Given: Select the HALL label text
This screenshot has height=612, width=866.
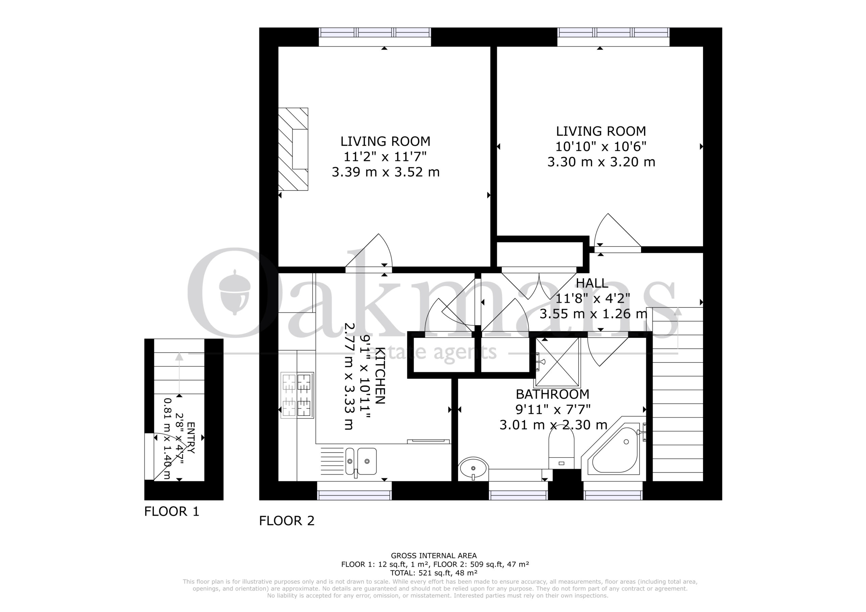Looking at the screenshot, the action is point(592,283).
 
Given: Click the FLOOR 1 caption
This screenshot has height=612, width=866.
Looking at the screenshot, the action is point(172,512).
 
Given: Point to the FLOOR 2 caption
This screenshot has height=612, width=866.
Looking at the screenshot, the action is point(287,521).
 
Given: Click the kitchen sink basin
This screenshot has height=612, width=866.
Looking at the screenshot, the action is point(361,461).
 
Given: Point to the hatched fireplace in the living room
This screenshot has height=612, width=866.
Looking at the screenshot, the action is point(293,149).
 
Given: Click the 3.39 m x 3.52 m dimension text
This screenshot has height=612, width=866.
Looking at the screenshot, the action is point(386,172).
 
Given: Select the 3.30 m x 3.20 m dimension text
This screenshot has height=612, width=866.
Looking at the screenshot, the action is point(601,162).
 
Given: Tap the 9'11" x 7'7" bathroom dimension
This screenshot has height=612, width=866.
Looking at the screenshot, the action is point(552,409).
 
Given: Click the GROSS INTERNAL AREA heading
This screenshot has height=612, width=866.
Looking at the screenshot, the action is point(434,556).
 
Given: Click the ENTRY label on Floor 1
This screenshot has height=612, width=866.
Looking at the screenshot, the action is point(191,438).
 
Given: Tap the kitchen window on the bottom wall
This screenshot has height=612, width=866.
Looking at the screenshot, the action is point(354,495).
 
